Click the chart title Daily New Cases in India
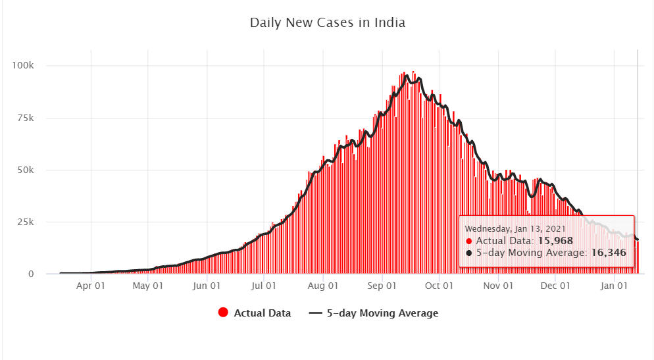[x=327, y=23]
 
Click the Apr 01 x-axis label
[x=91, y=286]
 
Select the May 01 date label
[x=148, y=286]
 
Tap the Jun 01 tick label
[x=207, y=286]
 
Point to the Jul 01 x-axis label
[x=263, y=286]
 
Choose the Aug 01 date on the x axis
[x=322, y=286]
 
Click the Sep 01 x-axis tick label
[x=382, y=286]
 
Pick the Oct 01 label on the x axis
[x=439, y=286]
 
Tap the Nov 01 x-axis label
[x=497, y=286]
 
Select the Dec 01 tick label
[x=554, y=286]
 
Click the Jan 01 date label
[x=613, y=286]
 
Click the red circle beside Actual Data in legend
[x=223, y=313]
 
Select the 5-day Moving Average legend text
[x=382, y=313]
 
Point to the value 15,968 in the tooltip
[x=555, y=241]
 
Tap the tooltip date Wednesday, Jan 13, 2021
[x=515, y=228]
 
